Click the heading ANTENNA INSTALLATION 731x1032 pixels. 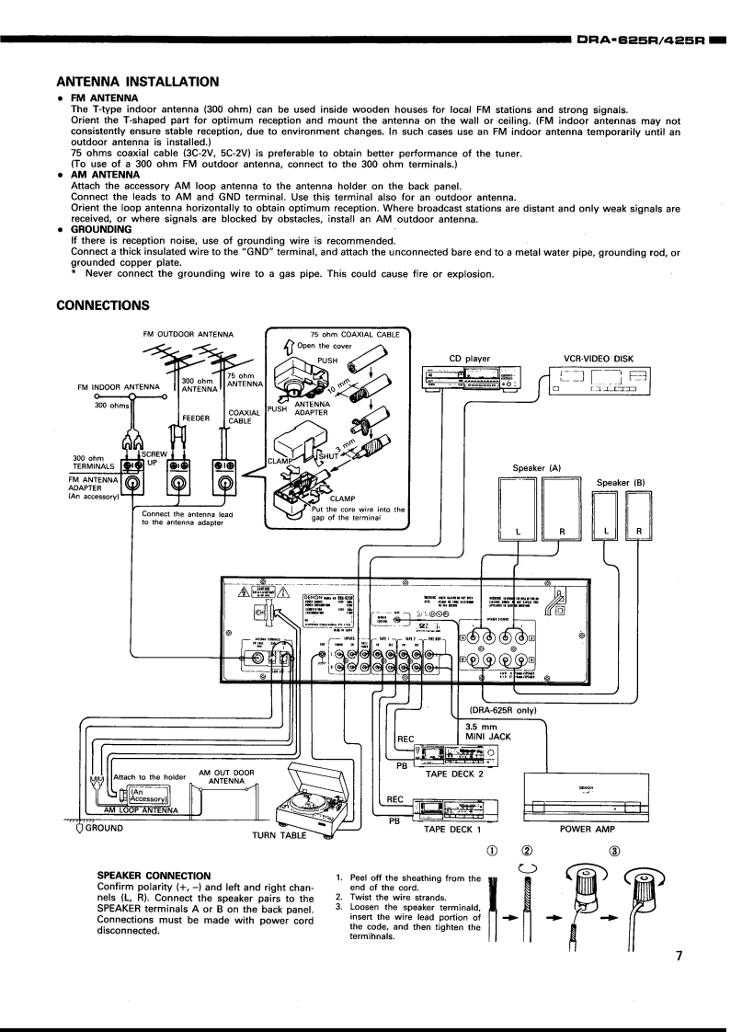tap(138, 81)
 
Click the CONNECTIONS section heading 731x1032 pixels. tap(103, 304)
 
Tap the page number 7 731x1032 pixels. tap(679, 956)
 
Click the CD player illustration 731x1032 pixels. tap(468, 379)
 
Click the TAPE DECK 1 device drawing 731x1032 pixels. tap(452, 809)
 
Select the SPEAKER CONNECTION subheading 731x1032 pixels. tap(154, 875)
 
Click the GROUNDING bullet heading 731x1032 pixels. tap(101, 230)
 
